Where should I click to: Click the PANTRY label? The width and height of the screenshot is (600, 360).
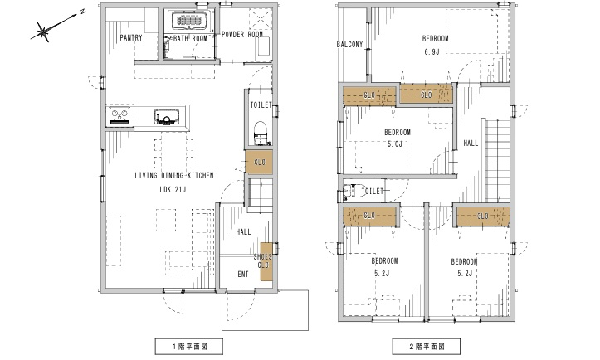coord(131,37)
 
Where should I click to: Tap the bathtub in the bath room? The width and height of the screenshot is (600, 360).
coord(189,20)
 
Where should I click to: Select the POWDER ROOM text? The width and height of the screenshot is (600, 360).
coord(242,35)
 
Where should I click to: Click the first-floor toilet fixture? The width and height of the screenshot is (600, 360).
coord(261,134)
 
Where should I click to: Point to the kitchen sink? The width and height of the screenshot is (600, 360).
coord(167,116)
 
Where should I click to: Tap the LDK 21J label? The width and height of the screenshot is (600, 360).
coord(173,189)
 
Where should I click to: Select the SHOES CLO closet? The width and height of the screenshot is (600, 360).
coord(266,261)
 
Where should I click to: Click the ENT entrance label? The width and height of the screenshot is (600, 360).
coord(243,275)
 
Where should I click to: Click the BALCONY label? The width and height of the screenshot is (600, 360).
coord(349,45)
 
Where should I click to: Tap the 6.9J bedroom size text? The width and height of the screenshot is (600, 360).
coord(432,51)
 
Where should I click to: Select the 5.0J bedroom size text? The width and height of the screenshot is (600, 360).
coord(395,144)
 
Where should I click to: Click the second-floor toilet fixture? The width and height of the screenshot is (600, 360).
coord(349,191)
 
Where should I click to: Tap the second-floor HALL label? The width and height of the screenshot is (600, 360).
coord(471,143)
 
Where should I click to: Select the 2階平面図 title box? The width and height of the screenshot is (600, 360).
coord(427,347)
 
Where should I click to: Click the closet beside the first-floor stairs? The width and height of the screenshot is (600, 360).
coord(259,163)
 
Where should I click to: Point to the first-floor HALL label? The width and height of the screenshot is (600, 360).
coord(243,231)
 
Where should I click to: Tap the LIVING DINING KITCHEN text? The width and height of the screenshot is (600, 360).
coord(174,176)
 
